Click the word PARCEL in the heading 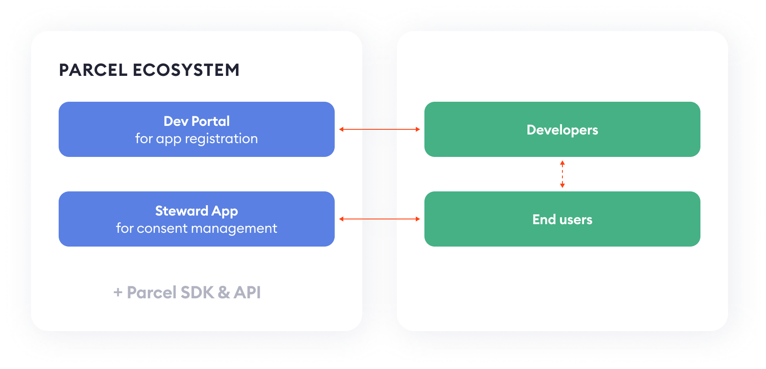(x=93, y=70)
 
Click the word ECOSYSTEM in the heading (x=186, y=70)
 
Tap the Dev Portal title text (x=197, y=121)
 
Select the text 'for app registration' (x=197, y=139)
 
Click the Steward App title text (x=197, y=211)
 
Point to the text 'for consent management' (x=197, y=228)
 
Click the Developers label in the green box (x=562, y=130)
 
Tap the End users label (x=562, y=219)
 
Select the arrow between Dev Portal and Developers (x=380, y=129)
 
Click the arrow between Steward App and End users (x=380, y=219)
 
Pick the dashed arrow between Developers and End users (x=562, y=174)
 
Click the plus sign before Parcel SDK (x=118, y=293)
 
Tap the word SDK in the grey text (x=197, y=292)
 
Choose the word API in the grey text (x=247, y=292)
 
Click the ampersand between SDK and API (x=224, y=292)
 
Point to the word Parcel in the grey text (x=152, y=292)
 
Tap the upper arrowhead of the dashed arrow (x=562, y=163)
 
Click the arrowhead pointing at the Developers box (x=418, y=129)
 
